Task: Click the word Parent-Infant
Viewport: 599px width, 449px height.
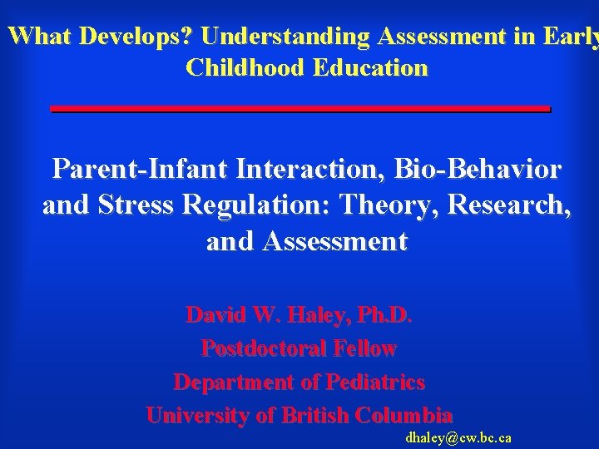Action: coord(141,170)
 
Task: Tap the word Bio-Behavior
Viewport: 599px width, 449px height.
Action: coord(479,170)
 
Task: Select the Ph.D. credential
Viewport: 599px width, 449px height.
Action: coord(384,316)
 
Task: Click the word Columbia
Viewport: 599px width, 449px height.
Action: coord(403,416)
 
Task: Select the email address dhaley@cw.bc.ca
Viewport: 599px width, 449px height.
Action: coord(458,437)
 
